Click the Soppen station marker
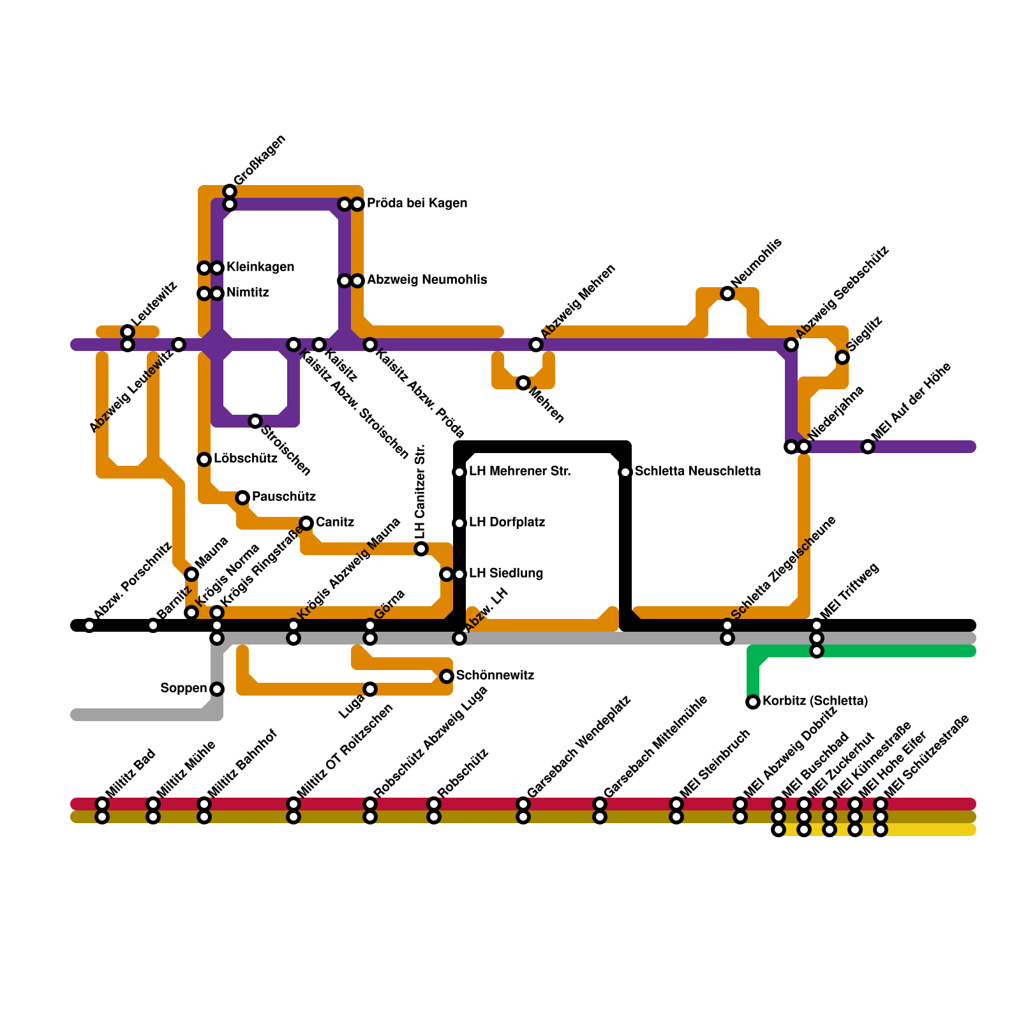point(217,689)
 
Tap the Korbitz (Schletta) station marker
point(753,702)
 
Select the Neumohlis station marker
point(727,294)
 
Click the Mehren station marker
point(523,383)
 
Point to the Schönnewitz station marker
point(447,676)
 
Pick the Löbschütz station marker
point(204,459)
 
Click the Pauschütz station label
point(284,496)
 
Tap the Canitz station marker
point(306,523)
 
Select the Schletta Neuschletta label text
point(697,471)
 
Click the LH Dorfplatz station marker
point(459,523)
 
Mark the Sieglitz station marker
point(842,357)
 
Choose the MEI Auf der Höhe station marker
point(868,447)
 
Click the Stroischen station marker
point(255,421)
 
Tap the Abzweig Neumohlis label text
point(427,279)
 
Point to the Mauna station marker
point(191,574)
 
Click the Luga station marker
point(370,689)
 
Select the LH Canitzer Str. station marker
point(421,549)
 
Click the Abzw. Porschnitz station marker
point(89,625)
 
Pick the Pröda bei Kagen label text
point(417,203)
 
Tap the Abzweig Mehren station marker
point(536,345)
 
